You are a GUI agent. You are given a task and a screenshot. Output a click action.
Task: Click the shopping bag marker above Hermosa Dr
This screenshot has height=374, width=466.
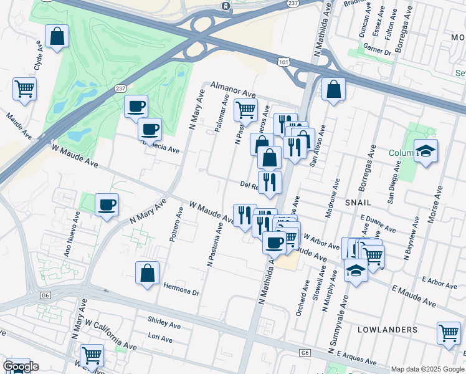tap(147, 273)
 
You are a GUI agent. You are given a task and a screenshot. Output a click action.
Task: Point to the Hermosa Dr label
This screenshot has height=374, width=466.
tap(181, 290)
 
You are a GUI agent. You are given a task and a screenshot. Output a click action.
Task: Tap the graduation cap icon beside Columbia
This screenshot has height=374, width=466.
tap(426, 151)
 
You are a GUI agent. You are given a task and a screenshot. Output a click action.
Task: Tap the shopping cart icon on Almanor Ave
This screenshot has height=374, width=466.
tap(245, 110)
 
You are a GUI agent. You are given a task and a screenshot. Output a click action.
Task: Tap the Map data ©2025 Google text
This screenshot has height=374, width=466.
tap(427, 369)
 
